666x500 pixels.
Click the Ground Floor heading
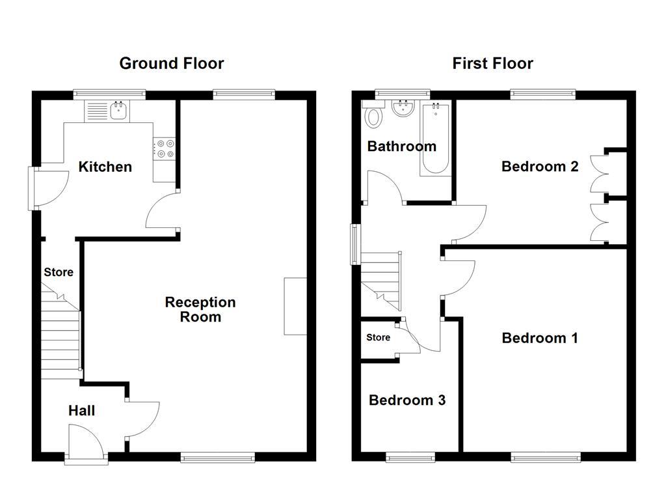[172, 63]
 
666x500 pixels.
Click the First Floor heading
[492, 63]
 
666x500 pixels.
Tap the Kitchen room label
[105, 167]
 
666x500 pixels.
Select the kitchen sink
[119, 111]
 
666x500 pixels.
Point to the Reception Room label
[200, 309]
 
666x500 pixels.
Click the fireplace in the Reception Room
[295, 306]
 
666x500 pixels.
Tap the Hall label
[82, 410]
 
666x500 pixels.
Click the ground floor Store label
[59, 272]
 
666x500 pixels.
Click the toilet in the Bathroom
[374, 117]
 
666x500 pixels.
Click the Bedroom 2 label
[540, 167]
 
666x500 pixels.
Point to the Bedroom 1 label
[540, 338]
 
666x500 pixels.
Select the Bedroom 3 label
[407, 400]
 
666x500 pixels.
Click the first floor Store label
[378, 337]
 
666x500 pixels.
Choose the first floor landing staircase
[382, 277]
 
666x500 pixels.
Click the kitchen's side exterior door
[49, 189]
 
